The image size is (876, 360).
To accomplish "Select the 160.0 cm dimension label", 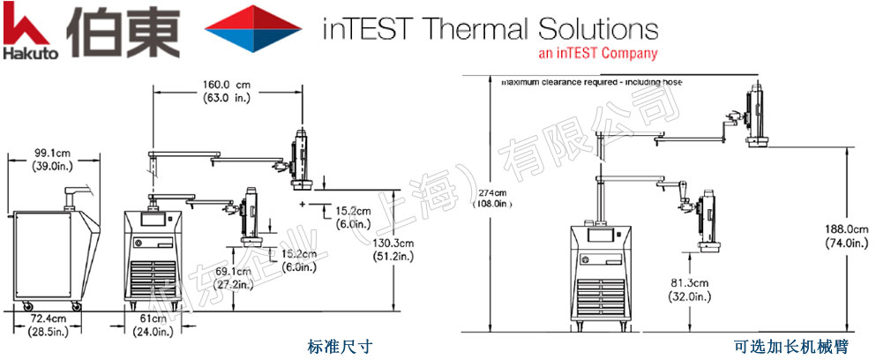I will click(x=225, y=85).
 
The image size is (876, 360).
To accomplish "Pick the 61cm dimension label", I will click(x=153, y=318).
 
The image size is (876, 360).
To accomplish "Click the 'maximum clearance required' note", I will click(x=591, y=82).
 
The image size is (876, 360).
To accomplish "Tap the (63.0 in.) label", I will click(x=225, y=97).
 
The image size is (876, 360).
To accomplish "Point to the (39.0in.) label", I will click(x=53, y=166).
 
